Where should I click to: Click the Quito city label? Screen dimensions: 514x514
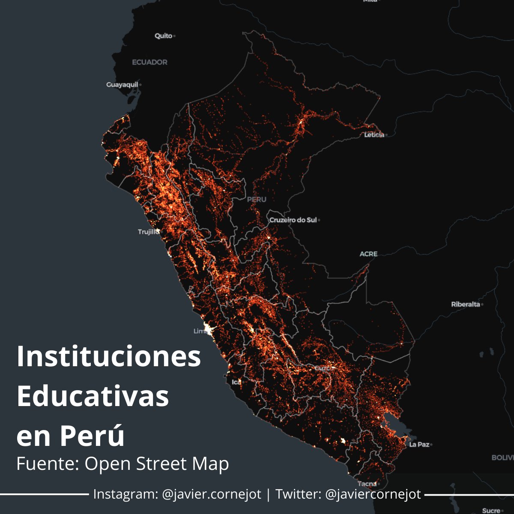click(x=163, y=36)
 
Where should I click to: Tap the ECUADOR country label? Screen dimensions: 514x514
click(x=149, y=63)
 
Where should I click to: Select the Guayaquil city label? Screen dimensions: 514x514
click(x=122, y=85)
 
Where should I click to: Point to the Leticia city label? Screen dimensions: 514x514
click(x=374, y=135)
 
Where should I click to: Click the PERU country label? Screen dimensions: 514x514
click(x=257, y=200)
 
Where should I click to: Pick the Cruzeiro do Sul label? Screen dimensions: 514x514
click(x=293, y=220)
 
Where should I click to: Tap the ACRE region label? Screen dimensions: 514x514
click(x=368, y=254)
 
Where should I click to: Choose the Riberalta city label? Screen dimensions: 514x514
click(x=465, y=305)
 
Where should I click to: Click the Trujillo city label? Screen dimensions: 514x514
click(x=148, y=232)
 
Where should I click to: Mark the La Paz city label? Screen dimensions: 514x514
click(x=419, y=445)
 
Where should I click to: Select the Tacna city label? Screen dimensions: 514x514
click(x=366, y=484)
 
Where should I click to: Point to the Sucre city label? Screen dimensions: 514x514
click(x=490, y=511)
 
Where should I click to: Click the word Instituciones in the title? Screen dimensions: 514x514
click(x=109, y=356)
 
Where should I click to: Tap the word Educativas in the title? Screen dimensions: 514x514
click(x=93, y=397)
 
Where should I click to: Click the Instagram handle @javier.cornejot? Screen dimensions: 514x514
click(x=212, y=494)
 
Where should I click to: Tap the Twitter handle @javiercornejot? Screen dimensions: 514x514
click(x=373, y=494)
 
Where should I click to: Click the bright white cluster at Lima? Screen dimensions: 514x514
click(x=209, y=329)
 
